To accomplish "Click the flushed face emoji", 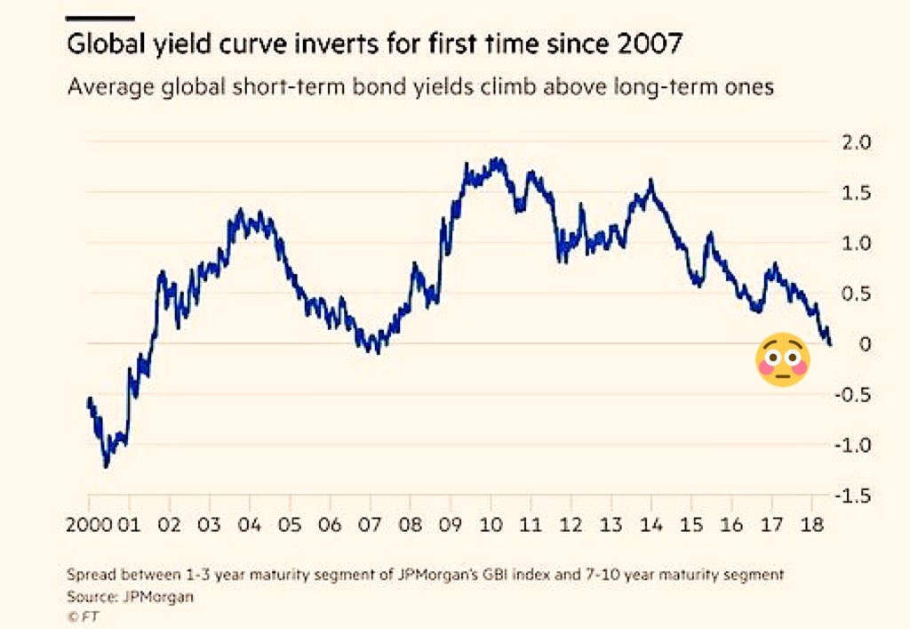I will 782,361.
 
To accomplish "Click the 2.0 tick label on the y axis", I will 858,141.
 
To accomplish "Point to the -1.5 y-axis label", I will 852,496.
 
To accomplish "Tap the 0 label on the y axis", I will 866,344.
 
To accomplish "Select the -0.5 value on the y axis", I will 852,394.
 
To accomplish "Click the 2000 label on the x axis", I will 88,524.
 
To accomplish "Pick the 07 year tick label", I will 370,524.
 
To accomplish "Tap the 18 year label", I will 810,524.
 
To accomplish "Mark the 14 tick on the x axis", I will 651,524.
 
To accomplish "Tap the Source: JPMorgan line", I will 130,597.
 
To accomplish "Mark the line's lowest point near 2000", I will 106,465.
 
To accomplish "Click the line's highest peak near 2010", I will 494,161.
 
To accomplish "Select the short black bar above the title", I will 100,17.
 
